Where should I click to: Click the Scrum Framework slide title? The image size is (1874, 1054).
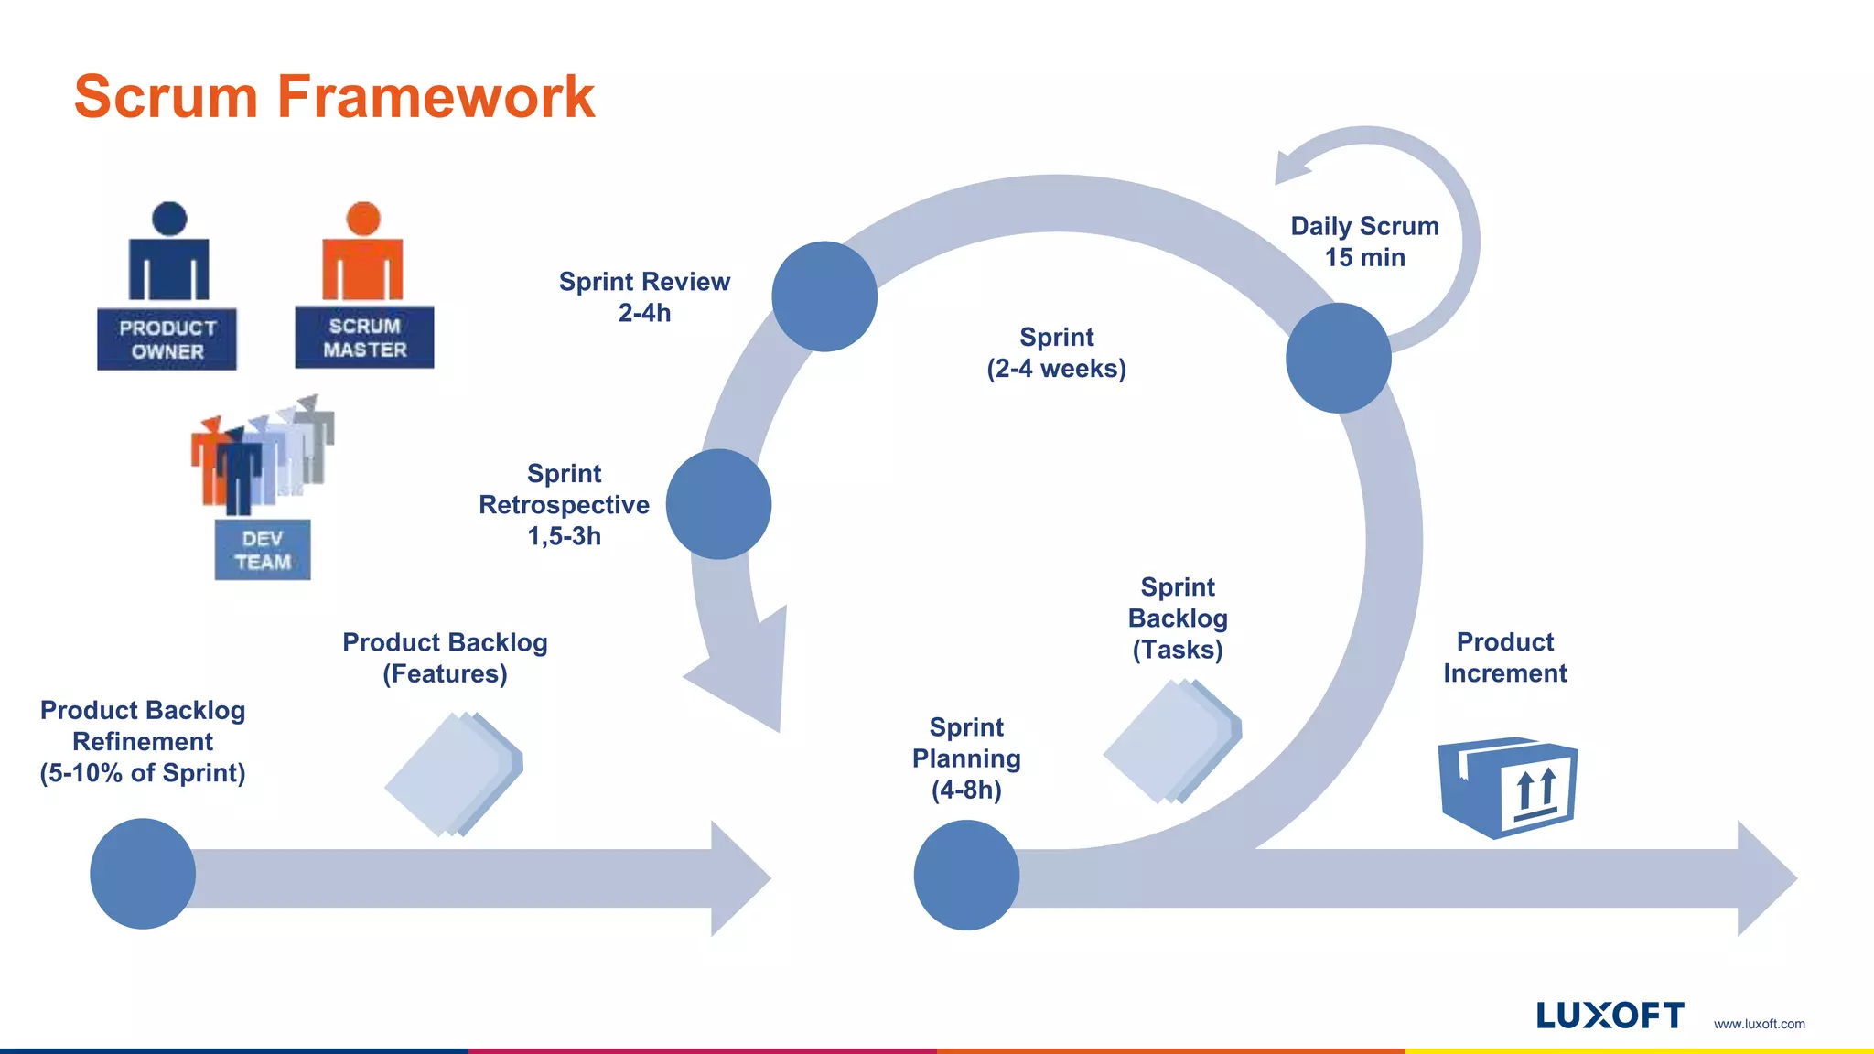click(x=334, y=97)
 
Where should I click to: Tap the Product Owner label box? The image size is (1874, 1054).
click(x=167, y=339)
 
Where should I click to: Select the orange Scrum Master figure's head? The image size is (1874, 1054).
click(x=363, y=219)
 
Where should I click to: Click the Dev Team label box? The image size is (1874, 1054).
click(x=263, y=550)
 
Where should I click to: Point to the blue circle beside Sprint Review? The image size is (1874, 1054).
click(x=824, y=296)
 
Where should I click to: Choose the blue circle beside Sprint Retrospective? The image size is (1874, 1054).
click(x=718, y=504)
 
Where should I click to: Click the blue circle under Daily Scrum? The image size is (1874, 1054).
click(x=1338, y=358)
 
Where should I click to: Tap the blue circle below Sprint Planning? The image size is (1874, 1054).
click(x=966, y=875)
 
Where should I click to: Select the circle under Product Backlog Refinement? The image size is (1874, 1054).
click(x=143, y=874)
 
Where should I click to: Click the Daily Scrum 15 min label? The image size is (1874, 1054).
click(x=1364, y=242)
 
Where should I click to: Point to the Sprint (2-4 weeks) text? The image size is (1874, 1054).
click(x=1056, y=352)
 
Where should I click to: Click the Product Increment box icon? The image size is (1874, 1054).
click(x=1508, y=787)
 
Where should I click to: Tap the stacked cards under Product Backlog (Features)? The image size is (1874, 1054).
click(x=453, y=774)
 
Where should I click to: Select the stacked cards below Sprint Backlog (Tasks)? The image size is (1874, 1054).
click(x=1172, y=742)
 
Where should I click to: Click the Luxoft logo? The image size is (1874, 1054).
click(x=1610, y=1016)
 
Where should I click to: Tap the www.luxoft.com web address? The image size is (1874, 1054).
click(x=1759, y=1024)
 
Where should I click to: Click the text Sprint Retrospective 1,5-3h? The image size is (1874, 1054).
click(x=564, y=504)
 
